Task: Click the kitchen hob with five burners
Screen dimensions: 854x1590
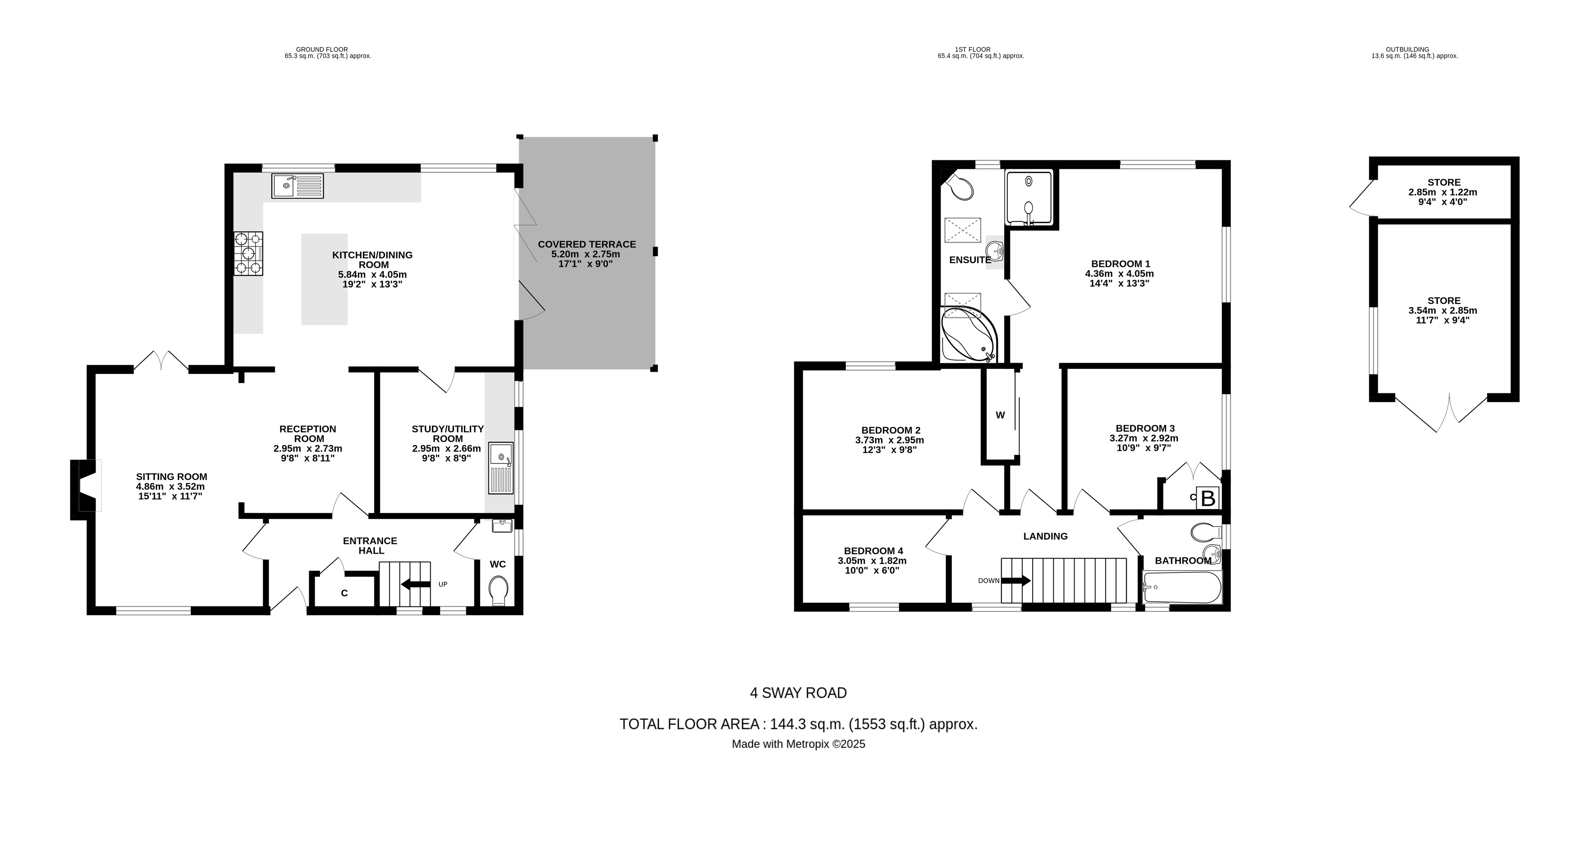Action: pyautogui.click(x=248, y=253)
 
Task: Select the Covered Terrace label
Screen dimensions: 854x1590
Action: pyautogui.click(x=586, y=244)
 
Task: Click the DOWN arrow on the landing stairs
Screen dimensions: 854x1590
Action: pyautogui.click(x=1016, y=580)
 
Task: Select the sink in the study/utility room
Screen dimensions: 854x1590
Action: pyautogui.click(x=501, y=467)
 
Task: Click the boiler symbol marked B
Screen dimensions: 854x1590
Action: pyautogui.click(x=1208, y=498)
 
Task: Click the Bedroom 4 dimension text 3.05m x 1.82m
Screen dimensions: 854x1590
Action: pyautogui.click(x=871, y=561)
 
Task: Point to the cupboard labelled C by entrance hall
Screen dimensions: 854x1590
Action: pyautogui.click(x=344, y=593)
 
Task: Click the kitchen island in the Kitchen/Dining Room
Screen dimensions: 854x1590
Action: pyautogui.click(x=324, y=279)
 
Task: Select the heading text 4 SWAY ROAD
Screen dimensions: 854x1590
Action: pyautogui.click(x=798, y=693)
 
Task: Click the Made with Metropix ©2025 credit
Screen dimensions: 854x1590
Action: pyautogui.click(x=798, y=744)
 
